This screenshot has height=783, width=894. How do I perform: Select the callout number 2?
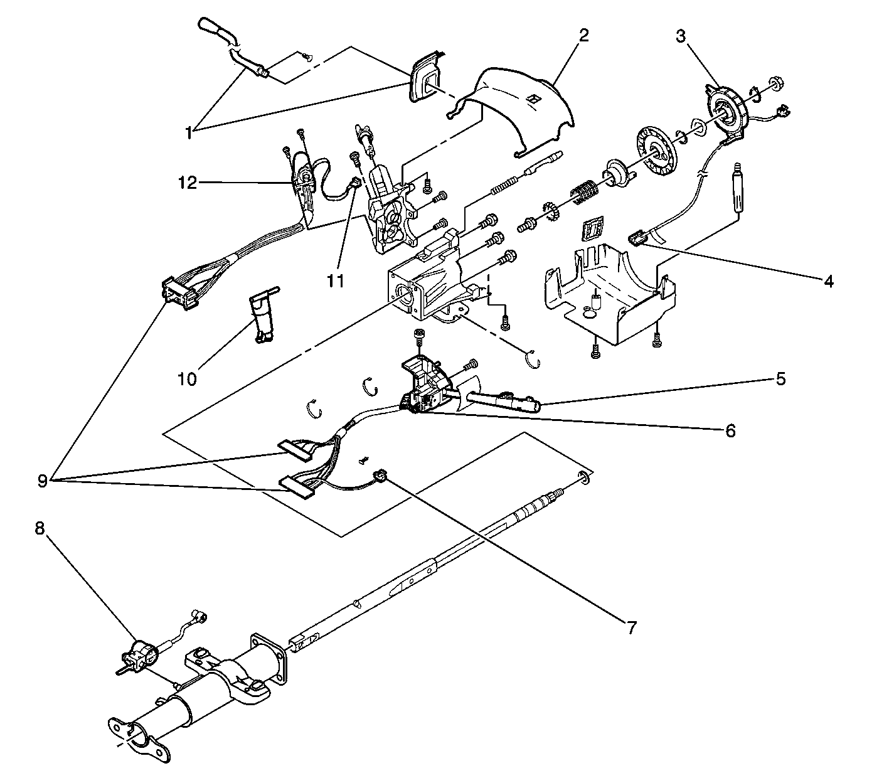(x=583, y=35)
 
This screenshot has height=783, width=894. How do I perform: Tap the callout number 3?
(x=680, y=35)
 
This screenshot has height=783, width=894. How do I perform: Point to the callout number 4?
(x=829, y=282)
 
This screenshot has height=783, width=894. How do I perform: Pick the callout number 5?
(x=780, y=379)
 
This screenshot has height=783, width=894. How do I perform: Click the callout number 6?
(x=730, y=430)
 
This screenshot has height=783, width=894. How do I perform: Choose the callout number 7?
(x=631, y=626)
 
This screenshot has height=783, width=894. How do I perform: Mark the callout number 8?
(x=40, y=529)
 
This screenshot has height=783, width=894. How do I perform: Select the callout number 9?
(x=42, y=481)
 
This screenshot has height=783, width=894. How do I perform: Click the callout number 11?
(x=336, y=280)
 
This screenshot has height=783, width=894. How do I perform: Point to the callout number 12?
(x=186, y=183)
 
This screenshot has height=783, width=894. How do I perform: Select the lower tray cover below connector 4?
(x=609, y=295)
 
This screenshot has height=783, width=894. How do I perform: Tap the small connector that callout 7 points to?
(x=378, y=474)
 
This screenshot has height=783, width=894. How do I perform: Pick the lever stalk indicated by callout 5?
(x=502, y=400)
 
